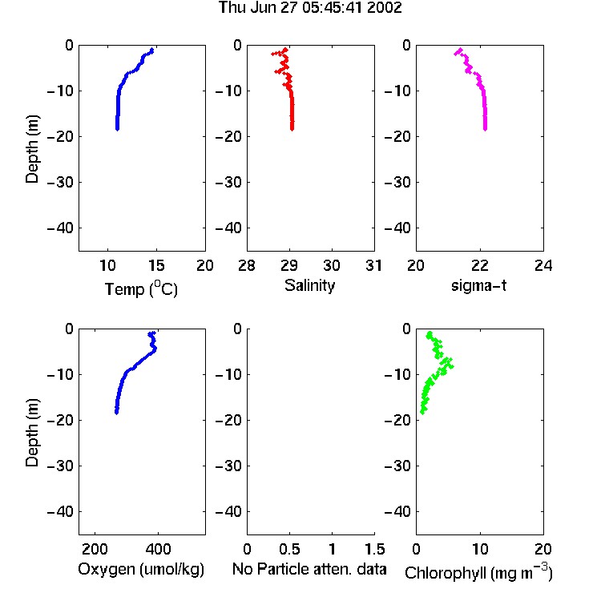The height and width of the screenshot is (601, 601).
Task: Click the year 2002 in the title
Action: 385,7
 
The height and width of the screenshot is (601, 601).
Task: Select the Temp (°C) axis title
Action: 141,288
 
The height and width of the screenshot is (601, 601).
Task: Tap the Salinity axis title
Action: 309,285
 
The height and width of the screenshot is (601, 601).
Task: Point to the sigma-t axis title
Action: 478,285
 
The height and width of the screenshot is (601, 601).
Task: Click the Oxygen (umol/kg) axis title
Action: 141,570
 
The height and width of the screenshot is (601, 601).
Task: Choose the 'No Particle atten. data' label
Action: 309,569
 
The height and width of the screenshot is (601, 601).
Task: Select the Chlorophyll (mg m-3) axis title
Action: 478,571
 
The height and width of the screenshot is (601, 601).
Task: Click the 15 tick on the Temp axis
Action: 156,265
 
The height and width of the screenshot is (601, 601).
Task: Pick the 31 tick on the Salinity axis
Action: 373,265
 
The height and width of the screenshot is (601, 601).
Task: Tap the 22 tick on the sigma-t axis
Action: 479,265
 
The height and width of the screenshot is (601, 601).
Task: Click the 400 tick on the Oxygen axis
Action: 158,549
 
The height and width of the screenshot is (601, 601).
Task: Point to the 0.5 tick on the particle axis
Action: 289,549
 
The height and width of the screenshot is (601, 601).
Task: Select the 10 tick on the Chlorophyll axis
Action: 479,549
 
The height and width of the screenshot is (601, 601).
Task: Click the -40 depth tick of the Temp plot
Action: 60,228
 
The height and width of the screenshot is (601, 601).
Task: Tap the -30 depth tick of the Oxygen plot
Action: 60,466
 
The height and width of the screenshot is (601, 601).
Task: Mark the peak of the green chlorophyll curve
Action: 451,366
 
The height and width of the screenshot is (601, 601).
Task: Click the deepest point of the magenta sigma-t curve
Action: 485,129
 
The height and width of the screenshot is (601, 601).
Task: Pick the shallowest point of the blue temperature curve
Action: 152,50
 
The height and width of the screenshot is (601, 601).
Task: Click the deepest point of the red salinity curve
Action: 292,129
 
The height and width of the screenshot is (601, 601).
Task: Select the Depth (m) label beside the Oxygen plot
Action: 32,433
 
